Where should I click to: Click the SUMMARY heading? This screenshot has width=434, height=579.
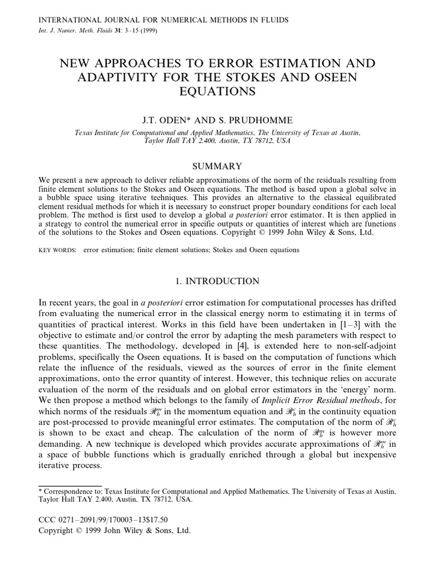(218, 166)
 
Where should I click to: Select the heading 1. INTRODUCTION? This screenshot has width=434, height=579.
(218, 281)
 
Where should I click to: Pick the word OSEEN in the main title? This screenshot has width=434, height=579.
(333, 76)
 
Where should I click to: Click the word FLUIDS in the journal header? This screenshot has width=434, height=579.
(270, 20)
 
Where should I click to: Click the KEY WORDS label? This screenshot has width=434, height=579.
(57, 249)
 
